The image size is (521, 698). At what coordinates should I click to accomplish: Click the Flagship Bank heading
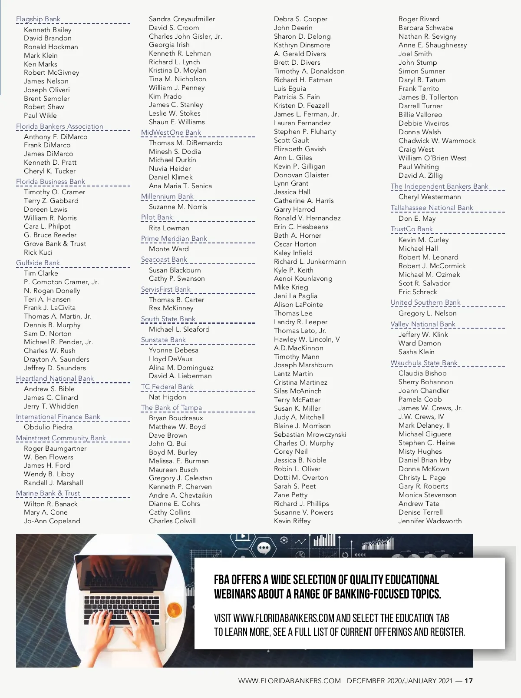38,19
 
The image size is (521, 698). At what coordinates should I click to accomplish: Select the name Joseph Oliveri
46,90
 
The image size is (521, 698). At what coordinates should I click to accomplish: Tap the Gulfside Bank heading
38,263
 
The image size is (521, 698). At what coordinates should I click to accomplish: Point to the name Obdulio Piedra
48,427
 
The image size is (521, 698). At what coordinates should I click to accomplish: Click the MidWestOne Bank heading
171,133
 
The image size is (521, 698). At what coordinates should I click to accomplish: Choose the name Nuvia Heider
170,169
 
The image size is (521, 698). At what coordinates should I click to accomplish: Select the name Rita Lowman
169,228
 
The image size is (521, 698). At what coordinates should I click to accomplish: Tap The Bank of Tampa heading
171,408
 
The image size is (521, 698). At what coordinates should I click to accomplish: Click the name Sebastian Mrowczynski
310,435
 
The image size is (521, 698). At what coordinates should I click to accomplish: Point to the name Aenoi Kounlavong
303,279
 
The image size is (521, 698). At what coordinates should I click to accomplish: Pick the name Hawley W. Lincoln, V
307,339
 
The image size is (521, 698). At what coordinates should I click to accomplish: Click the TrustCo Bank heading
412,229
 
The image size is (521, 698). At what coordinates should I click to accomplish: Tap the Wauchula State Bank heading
424,363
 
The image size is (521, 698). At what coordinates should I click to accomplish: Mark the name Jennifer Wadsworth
430,521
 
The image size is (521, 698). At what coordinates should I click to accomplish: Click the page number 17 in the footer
468,681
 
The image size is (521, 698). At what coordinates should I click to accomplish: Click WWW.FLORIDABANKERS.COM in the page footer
289,681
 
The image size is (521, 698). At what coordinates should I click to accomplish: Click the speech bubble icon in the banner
264,548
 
